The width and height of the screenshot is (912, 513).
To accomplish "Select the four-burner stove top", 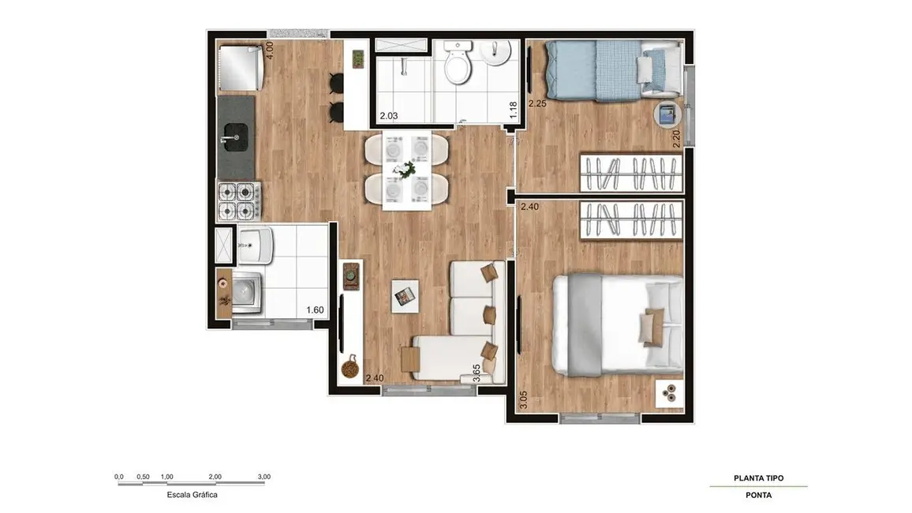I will click(238, 200).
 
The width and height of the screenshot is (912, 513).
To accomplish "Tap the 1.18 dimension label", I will click(513, 110).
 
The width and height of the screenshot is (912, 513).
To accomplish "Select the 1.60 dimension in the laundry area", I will click(315, 310).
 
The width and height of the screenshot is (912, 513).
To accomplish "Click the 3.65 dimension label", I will click(477, 373).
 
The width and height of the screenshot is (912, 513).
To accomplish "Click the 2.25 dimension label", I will click(537, 103).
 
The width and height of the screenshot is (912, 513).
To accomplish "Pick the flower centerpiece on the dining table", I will click(408, 168).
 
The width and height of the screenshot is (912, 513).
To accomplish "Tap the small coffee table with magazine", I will click(405, 295).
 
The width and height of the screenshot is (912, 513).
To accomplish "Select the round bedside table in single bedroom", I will click(667, 115).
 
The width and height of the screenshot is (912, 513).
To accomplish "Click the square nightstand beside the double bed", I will click(670, 391).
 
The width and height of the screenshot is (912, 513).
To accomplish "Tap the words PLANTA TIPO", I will click(758, 478).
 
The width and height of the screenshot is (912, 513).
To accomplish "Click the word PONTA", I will click(758, 496).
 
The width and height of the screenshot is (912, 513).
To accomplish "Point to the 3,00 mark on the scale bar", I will click(264, 477).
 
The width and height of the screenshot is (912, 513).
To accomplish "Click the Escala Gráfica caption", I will click(192, 495).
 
